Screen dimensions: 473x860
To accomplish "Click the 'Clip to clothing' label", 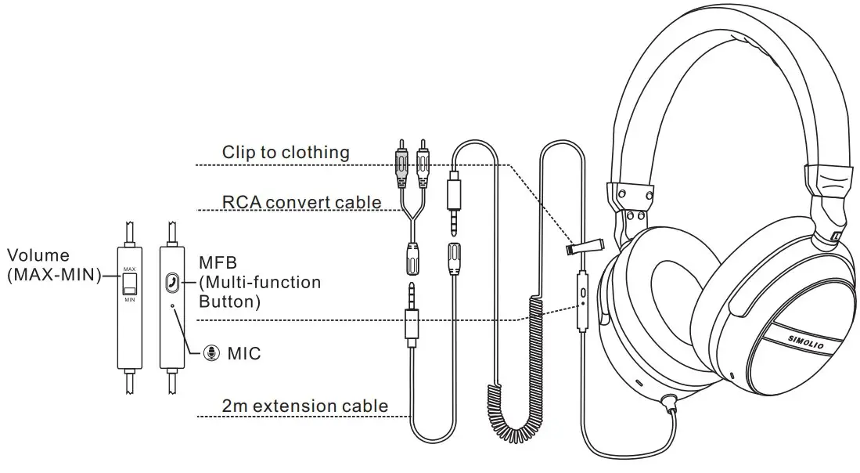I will tap(286, 152).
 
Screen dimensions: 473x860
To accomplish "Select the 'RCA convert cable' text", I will tap(301, 202).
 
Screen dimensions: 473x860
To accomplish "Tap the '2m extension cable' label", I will tap(304, 406).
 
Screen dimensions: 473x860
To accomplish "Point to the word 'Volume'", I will tap(38, 255).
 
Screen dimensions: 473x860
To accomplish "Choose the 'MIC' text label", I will tap(243, 354).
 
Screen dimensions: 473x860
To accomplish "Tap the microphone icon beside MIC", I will tap(211, 354).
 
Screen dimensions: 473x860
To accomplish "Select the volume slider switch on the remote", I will tap(130, 283).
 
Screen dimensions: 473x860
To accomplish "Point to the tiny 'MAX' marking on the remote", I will tap(130, 269).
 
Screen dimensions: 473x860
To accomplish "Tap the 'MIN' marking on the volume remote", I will tap(130, 298).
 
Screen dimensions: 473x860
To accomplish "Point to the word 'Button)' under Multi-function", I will tap(229, 301).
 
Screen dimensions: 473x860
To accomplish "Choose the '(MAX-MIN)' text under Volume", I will tap(54, 273).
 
